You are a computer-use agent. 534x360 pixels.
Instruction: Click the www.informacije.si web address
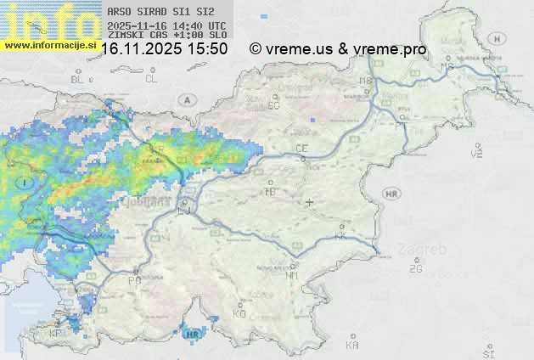[x=50, y=46]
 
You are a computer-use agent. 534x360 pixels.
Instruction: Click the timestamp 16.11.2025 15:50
[x=164, y=49]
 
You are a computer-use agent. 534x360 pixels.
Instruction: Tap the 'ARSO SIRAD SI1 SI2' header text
[x=155, y=12]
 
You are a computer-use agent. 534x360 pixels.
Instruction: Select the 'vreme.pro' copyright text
[x=394, y=49]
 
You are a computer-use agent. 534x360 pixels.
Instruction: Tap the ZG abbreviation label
[x=415, y=269]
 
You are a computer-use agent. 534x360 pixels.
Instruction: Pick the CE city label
[x=301, y=149]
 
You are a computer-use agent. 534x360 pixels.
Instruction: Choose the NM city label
[x=293, y=275]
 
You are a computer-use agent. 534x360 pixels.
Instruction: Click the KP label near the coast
[x=57, y=333]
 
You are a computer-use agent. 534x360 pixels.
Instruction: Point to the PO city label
[x=134, y=280]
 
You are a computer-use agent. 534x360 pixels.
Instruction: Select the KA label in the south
[x=352, y=345]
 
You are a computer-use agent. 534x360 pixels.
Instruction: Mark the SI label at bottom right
[x=487, y=352]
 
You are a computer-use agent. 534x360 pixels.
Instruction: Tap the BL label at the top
[x=78, y=79]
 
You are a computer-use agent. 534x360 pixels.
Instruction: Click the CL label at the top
[x=151, y=79]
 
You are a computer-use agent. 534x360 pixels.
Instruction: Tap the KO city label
[x=239, y=313]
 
